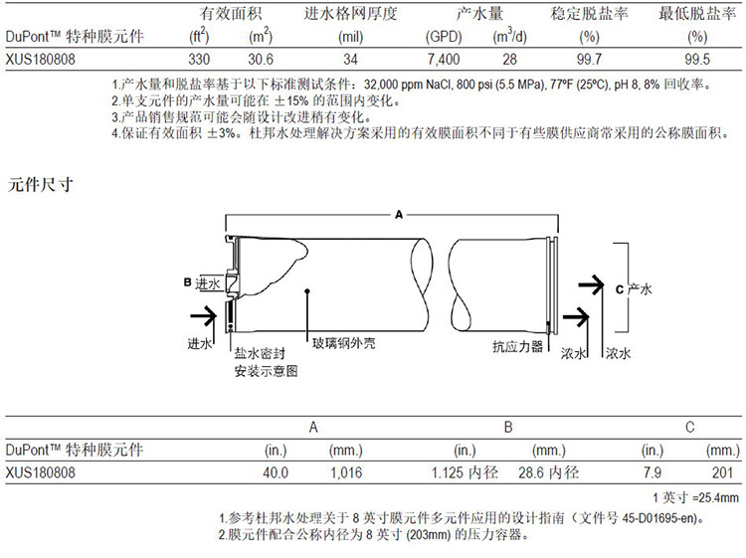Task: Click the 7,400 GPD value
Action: (x=444, y=60)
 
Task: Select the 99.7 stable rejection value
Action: (x=589, y=60)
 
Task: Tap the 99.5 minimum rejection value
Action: (x=697, y=60)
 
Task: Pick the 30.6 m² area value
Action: (x=261, y=60)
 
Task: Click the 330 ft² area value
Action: (x=199, y=60)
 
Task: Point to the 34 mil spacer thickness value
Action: (x=351, y=60)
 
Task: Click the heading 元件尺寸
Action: (x=41, y=185)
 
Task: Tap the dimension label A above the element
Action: (x=399, y=215)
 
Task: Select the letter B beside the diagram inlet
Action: (x=187, y=282)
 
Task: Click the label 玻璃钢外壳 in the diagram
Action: (x=343, y=343)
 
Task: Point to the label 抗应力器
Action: (x=517, y=346)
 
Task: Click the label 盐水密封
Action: (x=260, y=353)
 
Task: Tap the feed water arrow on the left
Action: (x=204, y=316)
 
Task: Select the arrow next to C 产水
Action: (x=591, y=284)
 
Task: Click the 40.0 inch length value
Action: (x=276, y=472)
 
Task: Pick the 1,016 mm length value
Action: (x=346, y=472)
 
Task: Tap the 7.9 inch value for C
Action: (x=652, y=472)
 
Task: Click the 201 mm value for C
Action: (x=723, y=472)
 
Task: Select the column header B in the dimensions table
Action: (x=508, y=427)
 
